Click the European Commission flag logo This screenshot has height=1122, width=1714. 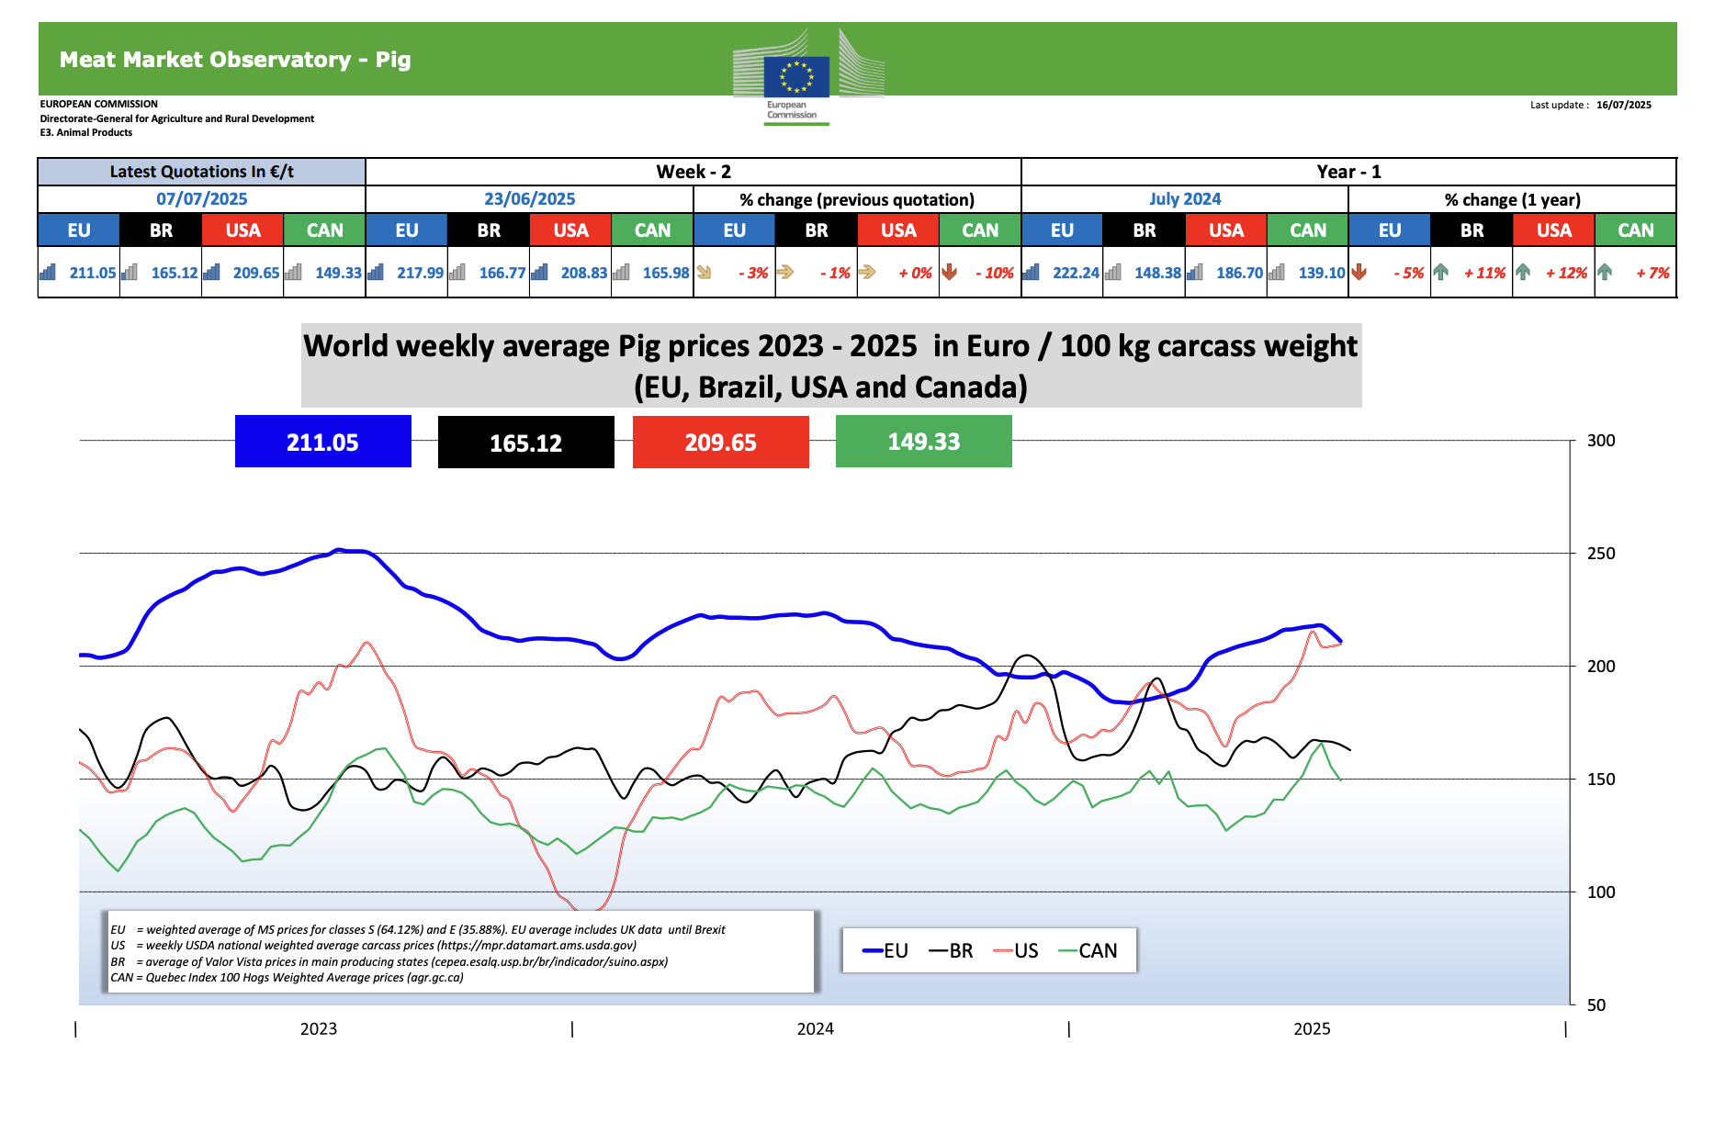tap(796, 76)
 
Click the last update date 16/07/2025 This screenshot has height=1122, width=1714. tap(1623, 105)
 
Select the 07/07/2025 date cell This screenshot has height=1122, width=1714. tap(201, 199)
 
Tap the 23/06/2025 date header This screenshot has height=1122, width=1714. tap(529, 199)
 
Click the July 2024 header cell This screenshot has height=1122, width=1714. tap(1184, 199)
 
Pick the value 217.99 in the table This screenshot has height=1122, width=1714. tap(420, 273)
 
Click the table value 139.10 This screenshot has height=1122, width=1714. tap(1321, 273)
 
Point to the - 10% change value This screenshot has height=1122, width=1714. tap(994, 273)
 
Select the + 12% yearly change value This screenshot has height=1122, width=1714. tap(1566, 273)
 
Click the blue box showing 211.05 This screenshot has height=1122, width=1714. tap(322, 442)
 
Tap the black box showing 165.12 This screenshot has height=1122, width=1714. tap(525, 443)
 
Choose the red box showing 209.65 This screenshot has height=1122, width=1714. tap(720, 443)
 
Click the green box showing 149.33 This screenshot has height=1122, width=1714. tap(923, 442)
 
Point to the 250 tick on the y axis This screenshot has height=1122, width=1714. tap(1601, 554)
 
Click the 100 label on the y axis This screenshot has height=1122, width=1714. tap(1601, 892)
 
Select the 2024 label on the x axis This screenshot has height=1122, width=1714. tap(815, 1029)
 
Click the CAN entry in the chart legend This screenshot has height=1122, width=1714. tap(1097, 951)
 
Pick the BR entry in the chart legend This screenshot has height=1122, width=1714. tap(960, 951)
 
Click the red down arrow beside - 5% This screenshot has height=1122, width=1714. tap(1359, 272)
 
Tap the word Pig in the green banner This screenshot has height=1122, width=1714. tap(393, 60)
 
